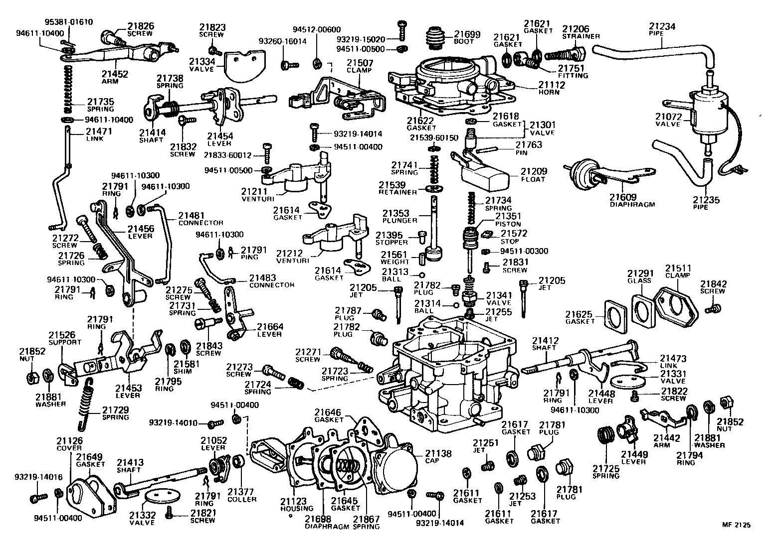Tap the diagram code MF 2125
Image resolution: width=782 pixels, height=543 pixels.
pyautogui.click(x=736, y=525)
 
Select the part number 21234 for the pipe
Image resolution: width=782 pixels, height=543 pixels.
pyautogui.click(x=662, y=26)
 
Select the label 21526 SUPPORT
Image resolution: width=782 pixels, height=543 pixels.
pyautogui.click(x=64, y=339)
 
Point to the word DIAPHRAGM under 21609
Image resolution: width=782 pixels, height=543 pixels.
pyautogui.click(x=631, y=204)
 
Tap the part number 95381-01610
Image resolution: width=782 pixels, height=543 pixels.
pyautogui.click(x=69, y=22)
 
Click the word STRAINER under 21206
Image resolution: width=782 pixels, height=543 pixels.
pyautogui.click(x=581, y=36)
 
